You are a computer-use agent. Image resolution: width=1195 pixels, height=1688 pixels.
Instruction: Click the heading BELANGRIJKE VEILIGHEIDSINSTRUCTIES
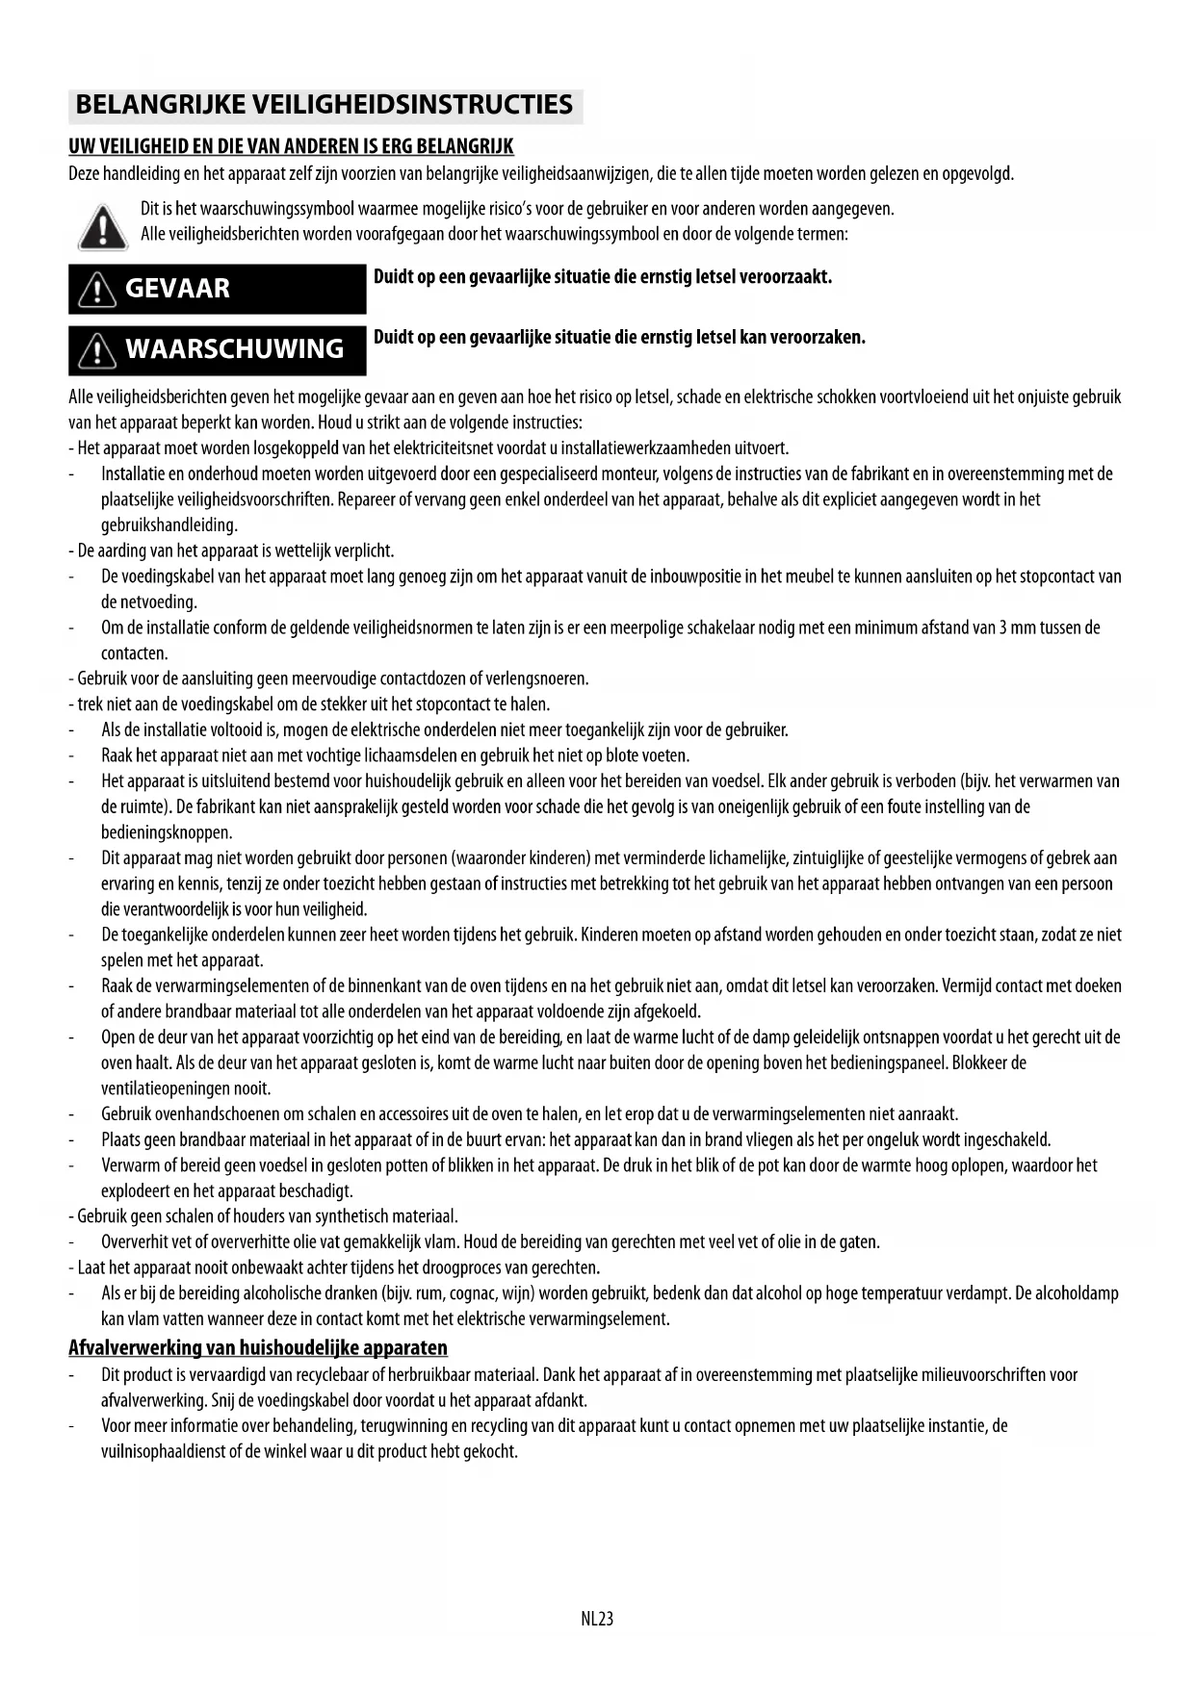[325, 105]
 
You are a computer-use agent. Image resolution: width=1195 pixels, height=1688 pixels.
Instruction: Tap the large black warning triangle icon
[101, 227]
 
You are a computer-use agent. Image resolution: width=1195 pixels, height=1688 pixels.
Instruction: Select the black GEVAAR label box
[217, 289]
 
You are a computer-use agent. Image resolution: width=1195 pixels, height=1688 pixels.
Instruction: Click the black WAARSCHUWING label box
[217, 349]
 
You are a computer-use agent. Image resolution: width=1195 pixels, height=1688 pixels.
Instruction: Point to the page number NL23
[597, 1619]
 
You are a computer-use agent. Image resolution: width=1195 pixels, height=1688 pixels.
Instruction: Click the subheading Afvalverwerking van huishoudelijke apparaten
[258, 1347]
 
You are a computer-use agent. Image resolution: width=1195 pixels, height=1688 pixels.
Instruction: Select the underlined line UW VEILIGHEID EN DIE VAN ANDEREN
[291, 146]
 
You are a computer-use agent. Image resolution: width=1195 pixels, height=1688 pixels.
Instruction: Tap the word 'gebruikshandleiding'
[169, 525]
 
